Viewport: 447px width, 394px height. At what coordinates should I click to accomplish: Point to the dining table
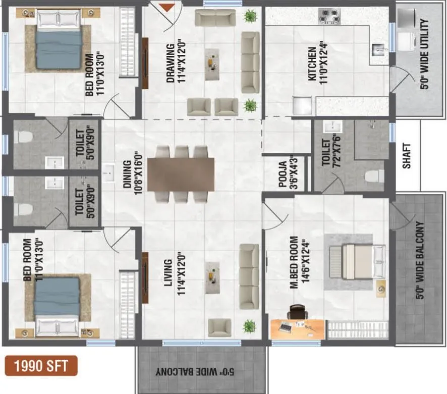point(181,174)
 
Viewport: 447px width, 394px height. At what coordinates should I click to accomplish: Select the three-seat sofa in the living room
point(249,275)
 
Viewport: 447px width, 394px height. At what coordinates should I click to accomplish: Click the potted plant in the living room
point(249,326)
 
